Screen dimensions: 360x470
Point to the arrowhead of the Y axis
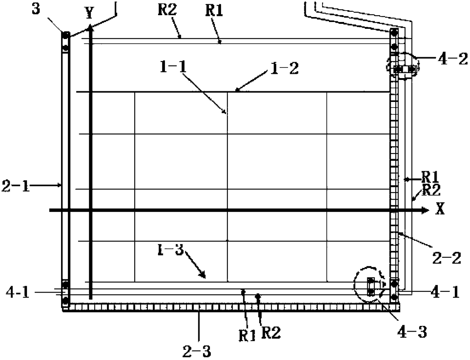coord(90,27)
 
